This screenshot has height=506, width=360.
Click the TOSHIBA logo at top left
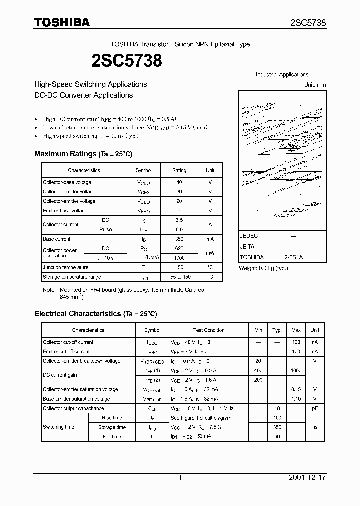[62, 23]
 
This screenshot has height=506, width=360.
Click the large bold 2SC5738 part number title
[126, 61]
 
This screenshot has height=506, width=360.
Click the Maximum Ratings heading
[83, 154]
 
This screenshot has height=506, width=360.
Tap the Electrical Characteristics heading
[95, 314]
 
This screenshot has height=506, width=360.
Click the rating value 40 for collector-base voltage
[179, 182]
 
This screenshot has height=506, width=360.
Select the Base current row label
[57, 239]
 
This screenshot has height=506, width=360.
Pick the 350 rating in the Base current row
[179, 239]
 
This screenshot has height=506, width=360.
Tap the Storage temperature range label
[72, 277]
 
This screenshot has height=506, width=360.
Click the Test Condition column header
[209, 330]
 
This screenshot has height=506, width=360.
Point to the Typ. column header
[277, 330]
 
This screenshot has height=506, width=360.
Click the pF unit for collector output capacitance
[315, 409]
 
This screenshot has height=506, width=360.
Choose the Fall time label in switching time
[112, 437]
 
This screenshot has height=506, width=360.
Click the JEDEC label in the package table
[249, 235]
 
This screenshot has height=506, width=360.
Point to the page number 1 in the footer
[180, 478]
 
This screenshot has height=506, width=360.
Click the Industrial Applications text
[282, 75]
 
